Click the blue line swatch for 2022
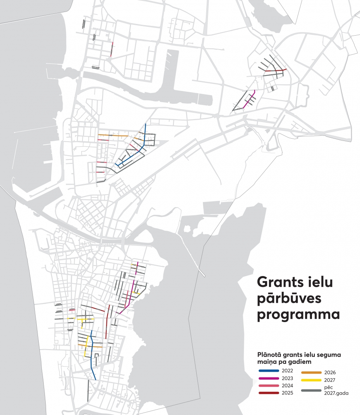(x=269, y=371)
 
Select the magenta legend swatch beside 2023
(x=269, y=378)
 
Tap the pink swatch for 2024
(x=269, y=386)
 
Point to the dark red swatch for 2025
(x=269, y=393)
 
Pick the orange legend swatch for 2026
(x=311, y=372)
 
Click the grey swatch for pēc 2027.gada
(x=311, y=390)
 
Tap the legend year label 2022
(x=288, y=371)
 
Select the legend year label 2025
(x=288, y=393)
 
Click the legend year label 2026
(x=330, y=372)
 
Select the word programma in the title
(x=298, y=315)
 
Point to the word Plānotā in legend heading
(x=269, y=354)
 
